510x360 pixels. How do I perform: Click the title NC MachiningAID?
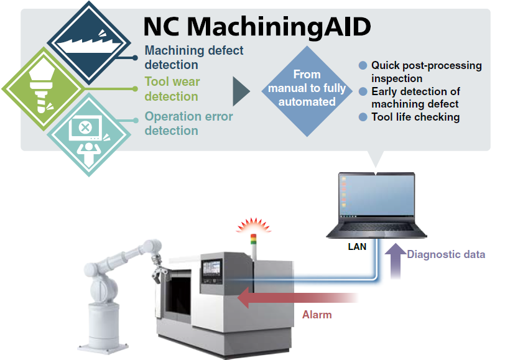257,26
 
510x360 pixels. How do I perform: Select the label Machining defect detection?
194,57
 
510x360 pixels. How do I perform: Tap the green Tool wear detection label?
172,89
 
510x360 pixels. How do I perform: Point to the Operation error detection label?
188,123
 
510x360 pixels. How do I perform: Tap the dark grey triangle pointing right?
240,92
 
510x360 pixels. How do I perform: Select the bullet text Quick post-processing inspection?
426,72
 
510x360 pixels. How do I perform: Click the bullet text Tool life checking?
415,117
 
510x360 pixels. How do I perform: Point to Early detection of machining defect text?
415,98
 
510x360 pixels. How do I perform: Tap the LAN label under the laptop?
357,246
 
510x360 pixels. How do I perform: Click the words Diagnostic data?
446,254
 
